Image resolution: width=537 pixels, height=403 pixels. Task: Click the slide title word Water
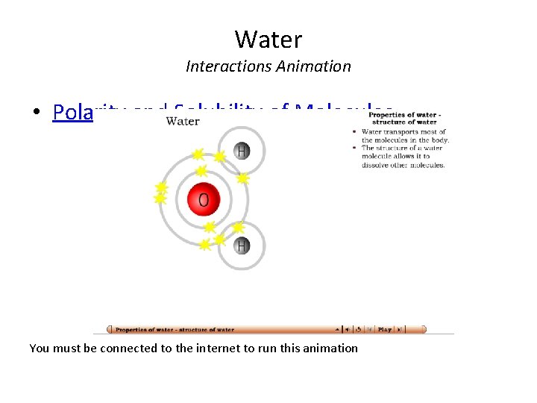[268, 38]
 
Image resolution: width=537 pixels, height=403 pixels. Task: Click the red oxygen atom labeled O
[204, 199]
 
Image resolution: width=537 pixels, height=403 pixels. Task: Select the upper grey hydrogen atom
[242, 151]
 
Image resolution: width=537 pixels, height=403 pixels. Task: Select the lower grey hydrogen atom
[242, 245]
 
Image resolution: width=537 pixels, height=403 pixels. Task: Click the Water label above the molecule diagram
[183, 120]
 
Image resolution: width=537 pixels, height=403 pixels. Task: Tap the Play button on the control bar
[385, 329]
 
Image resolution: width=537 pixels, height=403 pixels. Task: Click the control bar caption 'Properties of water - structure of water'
[175, 329]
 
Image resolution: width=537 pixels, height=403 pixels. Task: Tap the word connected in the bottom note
[125, 349]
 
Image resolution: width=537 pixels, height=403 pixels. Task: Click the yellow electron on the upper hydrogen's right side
[243, 178]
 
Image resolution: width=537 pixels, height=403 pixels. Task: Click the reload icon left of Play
[359, 329]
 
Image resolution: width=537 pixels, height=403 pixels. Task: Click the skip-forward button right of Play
[400, 329]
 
